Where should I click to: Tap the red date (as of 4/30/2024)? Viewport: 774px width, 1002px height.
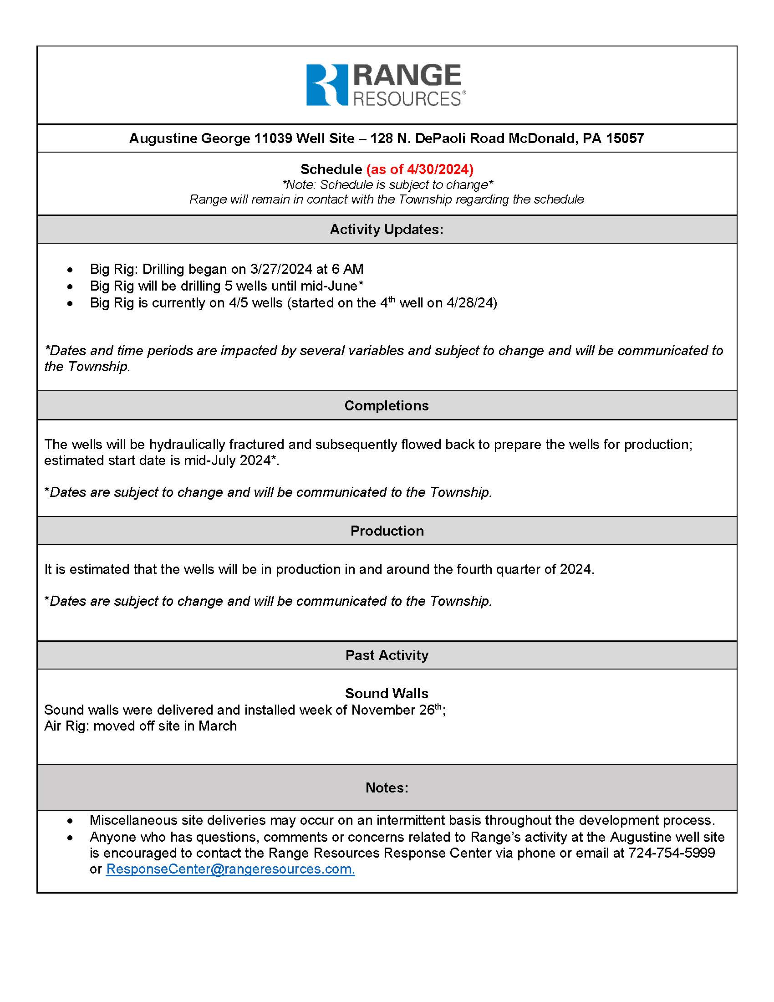tap(420, 169)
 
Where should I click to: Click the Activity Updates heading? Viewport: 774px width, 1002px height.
tap(387, 230)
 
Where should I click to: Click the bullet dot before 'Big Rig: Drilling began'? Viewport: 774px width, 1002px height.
tap(70, 270)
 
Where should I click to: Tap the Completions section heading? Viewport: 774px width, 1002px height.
tap(387, 405)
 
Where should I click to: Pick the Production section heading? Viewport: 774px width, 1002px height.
tap(387, 531)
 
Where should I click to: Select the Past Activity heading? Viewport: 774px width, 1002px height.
tap(387, 655)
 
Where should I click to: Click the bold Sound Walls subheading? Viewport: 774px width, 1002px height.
tap(387, 693)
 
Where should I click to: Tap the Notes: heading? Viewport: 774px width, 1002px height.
tap(387, 788)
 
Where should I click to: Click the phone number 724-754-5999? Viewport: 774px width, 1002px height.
tap(671, 853)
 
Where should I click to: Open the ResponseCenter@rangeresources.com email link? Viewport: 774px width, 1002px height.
tap(230, 869)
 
